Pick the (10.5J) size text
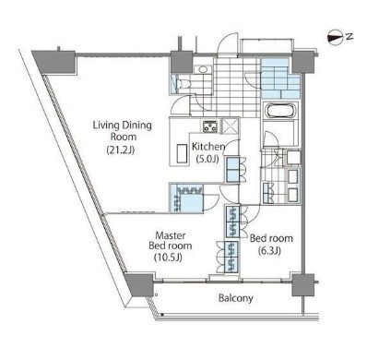tap(170, 258)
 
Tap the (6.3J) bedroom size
tap(268, 250)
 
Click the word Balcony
tap(237, 299)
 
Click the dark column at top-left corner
tap(51, 59)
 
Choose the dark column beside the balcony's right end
tap(300, 285)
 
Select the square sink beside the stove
tap(229, 128)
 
